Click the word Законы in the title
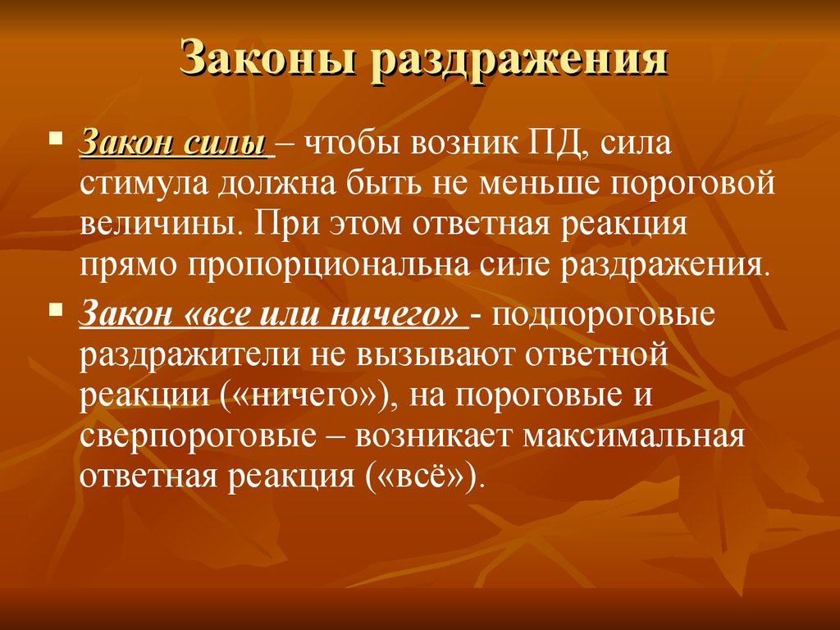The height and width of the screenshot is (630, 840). (267, 57)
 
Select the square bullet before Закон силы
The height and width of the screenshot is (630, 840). (55, 138)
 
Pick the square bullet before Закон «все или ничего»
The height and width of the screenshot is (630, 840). (55, 308)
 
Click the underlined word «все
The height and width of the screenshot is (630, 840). (217, 314)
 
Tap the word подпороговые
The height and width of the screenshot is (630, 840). (603, 315)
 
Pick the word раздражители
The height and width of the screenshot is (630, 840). (189, 354)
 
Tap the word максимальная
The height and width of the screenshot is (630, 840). (634, 436)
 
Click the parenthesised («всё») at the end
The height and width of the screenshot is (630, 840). (421, 476)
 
